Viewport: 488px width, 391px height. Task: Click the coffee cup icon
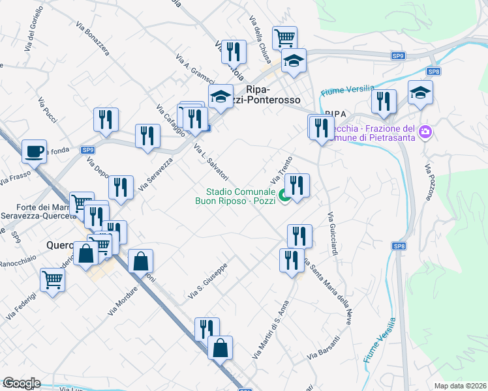tap(34, 152)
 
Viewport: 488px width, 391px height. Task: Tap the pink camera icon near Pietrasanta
tap(426, 132)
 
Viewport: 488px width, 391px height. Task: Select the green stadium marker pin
tap(284, 195)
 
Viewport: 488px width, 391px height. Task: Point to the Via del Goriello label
tap(30, 33)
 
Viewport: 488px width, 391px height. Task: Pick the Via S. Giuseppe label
tap(207, 282)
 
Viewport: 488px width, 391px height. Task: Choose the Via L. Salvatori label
tap(211, 162)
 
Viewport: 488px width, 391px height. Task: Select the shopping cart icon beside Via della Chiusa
tap(284, 38)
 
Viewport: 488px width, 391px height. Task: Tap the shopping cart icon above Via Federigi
tap(52, 280)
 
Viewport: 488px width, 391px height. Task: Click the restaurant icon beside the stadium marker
tap(297, 186)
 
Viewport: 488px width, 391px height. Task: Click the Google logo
tap(22, 383)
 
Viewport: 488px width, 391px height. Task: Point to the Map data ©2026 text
tap(461, 386)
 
